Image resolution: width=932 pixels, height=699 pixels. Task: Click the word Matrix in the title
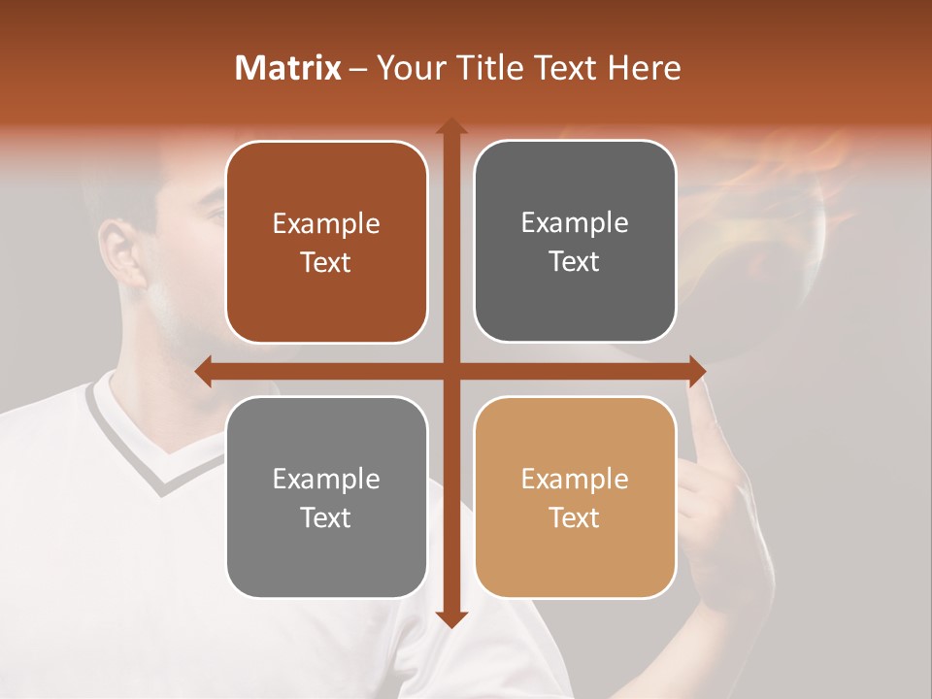coord(288,68)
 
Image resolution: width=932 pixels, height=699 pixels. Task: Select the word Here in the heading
coord(644,68)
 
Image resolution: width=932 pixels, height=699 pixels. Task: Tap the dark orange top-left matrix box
coord(326,243)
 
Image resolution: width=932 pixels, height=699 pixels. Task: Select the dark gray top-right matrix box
coord(575,242)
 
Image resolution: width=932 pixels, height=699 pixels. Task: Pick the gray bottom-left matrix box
coord(326,497)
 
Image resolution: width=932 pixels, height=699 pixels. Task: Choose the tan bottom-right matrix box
coord(575,497)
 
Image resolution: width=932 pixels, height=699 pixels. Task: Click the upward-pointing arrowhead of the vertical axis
coord(450,126)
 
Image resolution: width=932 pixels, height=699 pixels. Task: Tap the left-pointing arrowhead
coord(203,371)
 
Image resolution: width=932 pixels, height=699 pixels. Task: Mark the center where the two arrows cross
coord(450,371)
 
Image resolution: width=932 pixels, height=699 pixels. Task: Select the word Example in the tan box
coord(575,479)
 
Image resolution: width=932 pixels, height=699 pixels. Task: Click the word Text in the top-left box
coord(326,263)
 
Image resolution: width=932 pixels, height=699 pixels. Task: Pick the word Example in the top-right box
coord(575,222)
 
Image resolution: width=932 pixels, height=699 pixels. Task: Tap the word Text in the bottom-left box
coord(326,517)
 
